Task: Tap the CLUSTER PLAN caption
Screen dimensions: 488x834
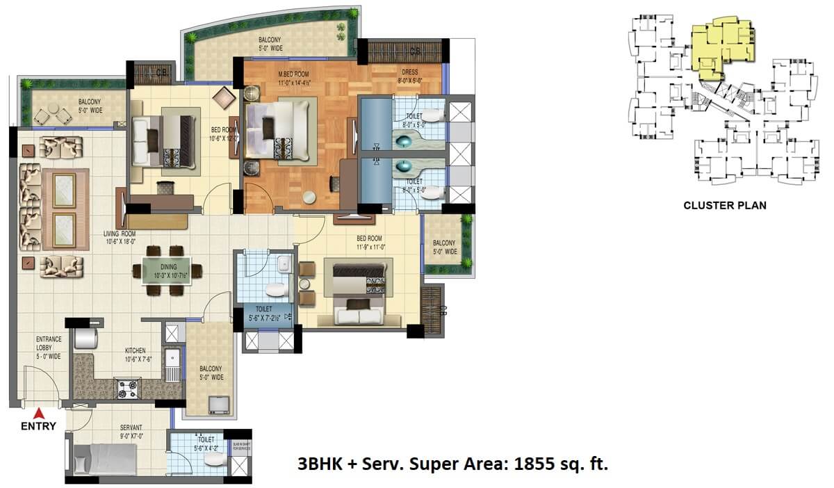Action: click(x=725, y=206)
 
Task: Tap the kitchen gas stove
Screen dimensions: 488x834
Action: click(x=127, y=389)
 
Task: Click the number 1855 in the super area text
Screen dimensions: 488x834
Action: click(x=533, y=464)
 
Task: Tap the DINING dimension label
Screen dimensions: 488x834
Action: click(x=167, y=270)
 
